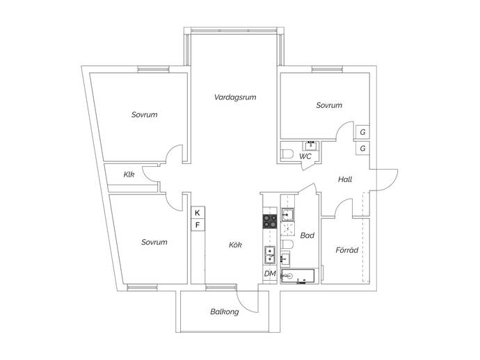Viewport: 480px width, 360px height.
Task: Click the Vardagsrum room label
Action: (235, 97)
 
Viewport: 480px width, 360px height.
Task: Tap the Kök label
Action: (235, 245)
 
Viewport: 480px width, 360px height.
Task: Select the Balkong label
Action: (225, 312)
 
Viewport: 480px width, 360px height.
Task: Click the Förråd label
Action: (346, 250)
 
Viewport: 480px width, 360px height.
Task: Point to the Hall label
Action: (345, 179)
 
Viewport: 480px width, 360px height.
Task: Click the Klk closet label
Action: (129, 174)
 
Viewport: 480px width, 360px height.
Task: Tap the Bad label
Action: (307, 236)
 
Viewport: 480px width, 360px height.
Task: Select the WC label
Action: (305, 156)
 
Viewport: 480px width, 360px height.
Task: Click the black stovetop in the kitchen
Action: (270, 221)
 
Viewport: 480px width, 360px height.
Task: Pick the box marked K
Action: (198, 213)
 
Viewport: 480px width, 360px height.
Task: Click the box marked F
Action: (198, 225)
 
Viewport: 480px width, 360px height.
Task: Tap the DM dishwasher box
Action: (270, 273)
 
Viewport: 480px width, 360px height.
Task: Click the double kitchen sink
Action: (270, 255)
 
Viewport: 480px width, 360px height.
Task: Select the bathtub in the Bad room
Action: (298, 276)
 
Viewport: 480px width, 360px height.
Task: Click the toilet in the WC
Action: (287, 154)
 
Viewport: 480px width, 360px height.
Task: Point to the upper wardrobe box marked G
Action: (362, 132)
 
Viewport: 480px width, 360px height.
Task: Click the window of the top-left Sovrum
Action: (153, 69)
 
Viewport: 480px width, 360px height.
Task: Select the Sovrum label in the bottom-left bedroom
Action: (154, 243)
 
